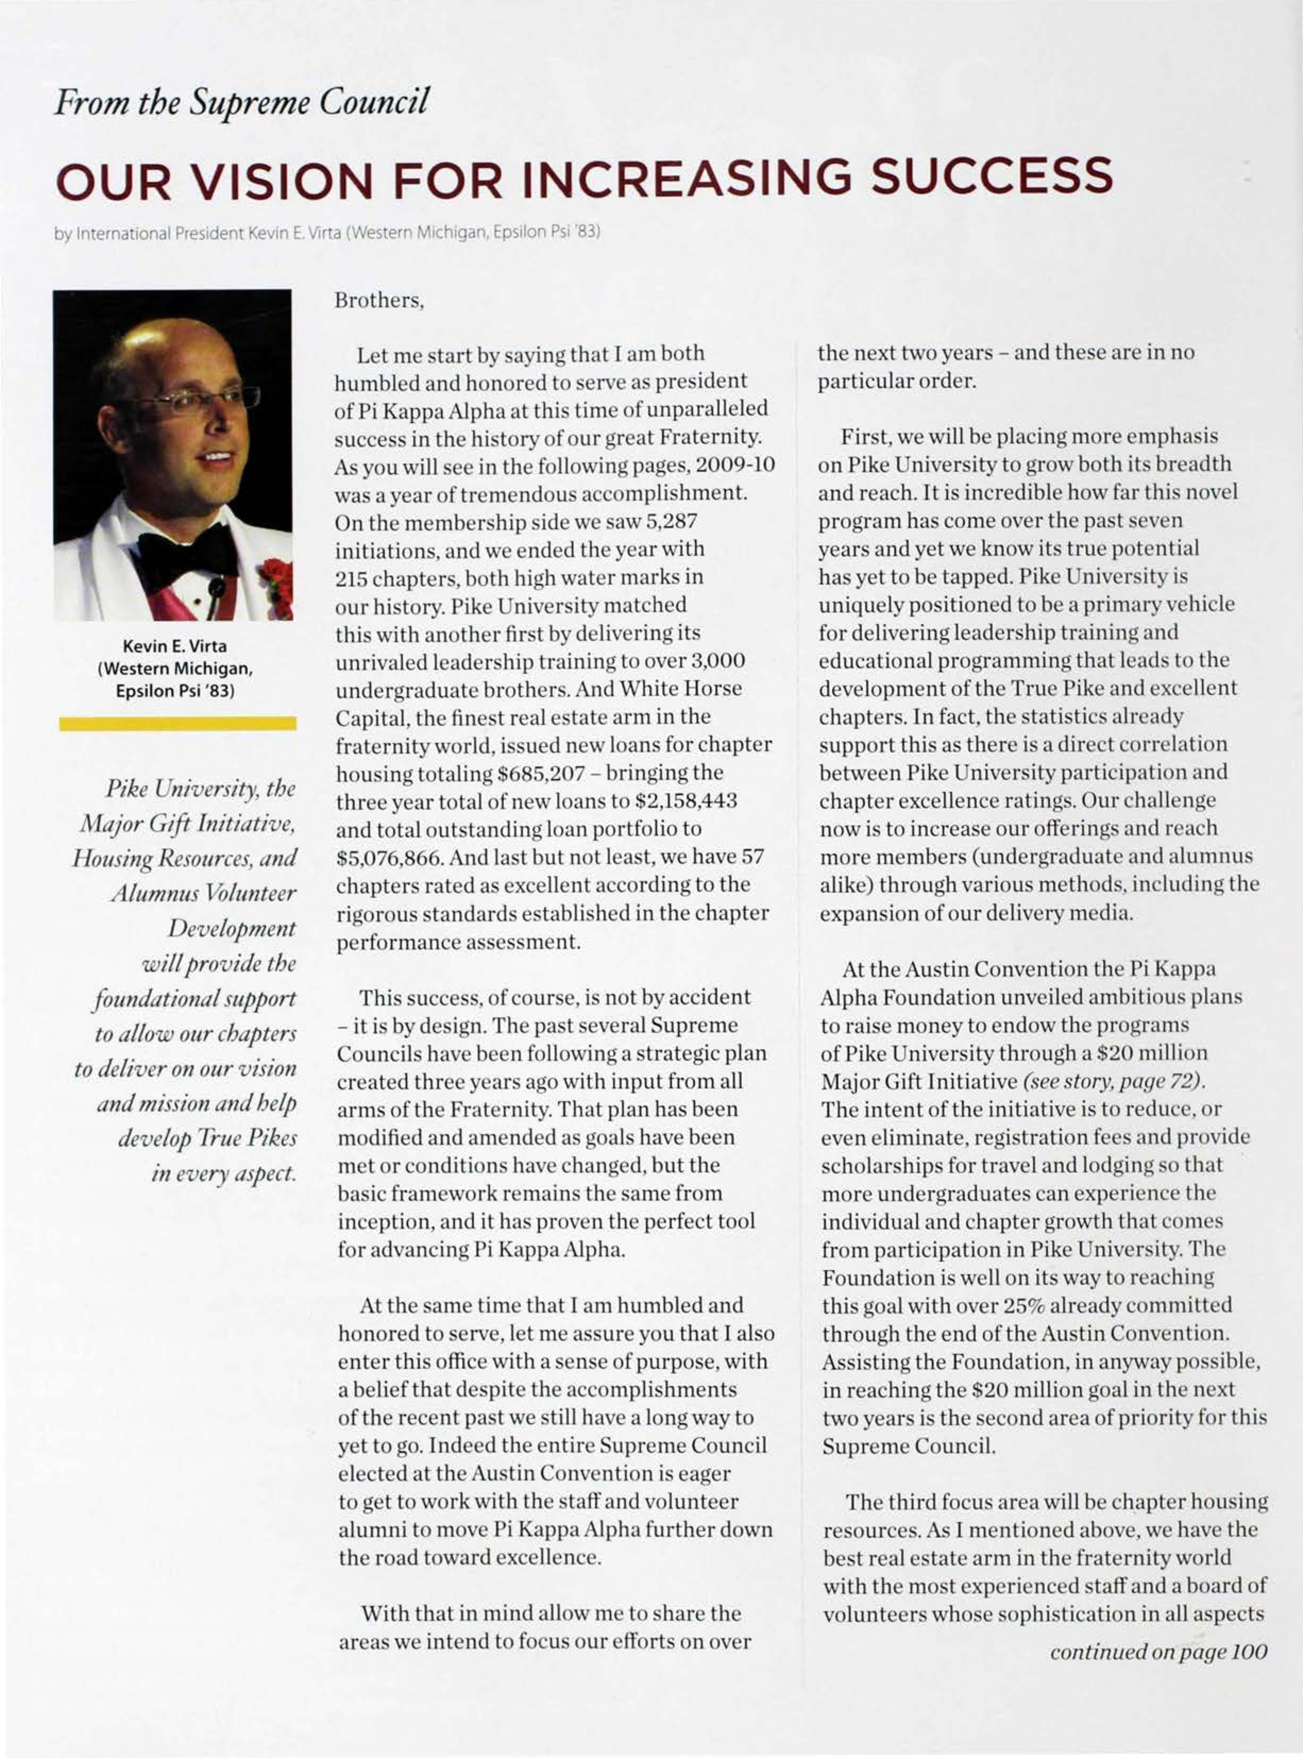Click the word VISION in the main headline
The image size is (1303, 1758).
click(280, 180)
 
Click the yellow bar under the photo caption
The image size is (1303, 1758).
click(177, 723)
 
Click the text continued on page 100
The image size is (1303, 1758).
click(1158, 1652)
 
